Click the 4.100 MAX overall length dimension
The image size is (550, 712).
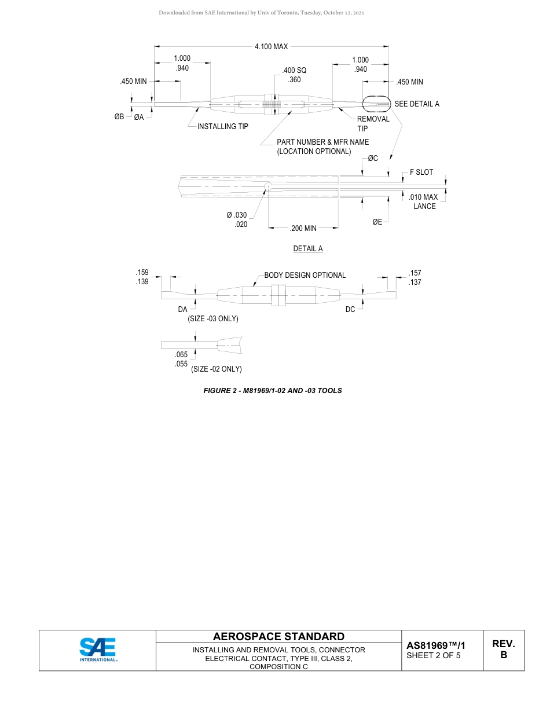click(271, 47)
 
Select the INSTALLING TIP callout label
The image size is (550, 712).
click(223, 126)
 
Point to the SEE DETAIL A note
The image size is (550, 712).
click(417, 104)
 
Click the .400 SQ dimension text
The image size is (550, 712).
click(294, 71)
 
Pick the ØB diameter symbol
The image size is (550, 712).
click(119, 117)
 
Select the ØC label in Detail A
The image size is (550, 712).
click(373, 159)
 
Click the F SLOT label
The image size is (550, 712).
click(421, 172)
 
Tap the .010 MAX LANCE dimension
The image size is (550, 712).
click(423, 201)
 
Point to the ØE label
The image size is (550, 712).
click(377, 221)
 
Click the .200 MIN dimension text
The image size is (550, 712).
click(303, 229)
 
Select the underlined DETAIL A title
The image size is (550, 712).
click(308, 248)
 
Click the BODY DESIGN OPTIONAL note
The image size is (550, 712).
click(305, 275)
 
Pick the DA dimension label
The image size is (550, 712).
click(182, 310)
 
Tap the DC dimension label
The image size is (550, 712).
click(350, 310)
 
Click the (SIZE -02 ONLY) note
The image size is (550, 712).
click(216, 369)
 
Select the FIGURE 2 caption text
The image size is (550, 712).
click(272, 391)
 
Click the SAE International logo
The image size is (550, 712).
click(98, 649)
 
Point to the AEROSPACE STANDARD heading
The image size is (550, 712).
click(278, 637)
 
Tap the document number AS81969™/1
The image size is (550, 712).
click(436, 645)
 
